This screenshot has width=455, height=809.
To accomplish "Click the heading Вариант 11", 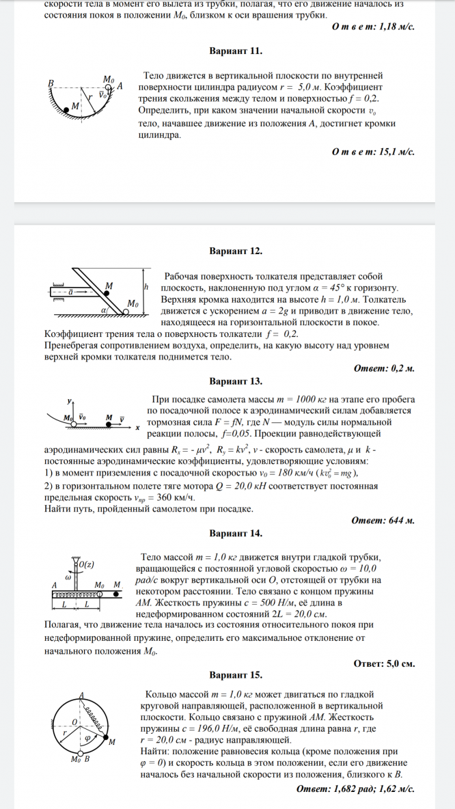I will pyautogui.click(x=236, y=51).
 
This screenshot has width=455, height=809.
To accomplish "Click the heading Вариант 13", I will pyautogui.click(x=236, y=381).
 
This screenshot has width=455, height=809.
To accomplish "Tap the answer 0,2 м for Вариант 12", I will pyautogui.click(x=399, y=368).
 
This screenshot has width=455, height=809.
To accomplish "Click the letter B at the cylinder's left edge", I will pyautogui.click(x=51, y=83).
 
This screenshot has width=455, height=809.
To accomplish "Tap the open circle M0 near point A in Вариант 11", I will pyautogui.click(x=109, y=86).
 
